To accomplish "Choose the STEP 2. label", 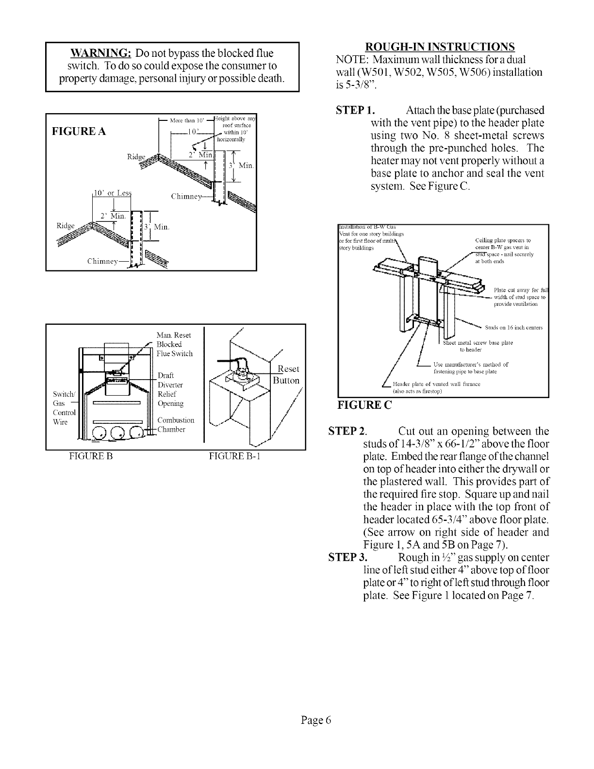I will [347, 432].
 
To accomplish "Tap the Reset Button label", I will [286, 374].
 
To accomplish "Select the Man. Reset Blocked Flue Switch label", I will [174, 344].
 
